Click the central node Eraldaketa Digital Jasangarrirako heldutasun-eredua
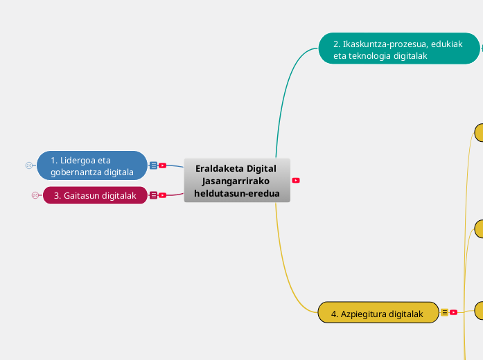click(x=237, y=181)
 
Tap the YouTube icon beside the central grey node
click(x=296, y=180)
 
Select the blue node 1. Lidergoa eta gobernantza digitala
click(x=92, y=165)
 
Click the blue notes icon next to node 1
click(x=153, y=165)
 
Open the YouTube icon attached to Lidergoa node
click(x=162, y=165)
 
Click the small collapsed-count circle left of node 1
click(x=28, y=165)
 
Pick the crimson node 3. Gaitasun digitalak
click(x=95, y=195)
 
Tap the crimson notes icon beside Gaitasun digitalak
click(x=153, y=195)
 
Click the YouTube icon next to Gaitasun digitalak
click(x=162, y=195)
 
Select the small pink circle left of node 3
click(x=35, y=195)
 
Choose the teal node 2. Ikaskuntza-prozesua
click(x=399, y=48)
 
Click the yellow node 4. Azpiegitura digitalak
click(x=378, y=313)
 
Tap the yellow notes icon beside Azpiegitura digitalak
click(x=444, y=312)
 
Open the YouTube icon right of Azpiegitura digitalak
click(x=453, y=312)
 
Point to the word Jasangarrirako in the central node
click(x=236, y=181)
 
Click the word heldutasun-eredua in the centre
click(x=237, y=193)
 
